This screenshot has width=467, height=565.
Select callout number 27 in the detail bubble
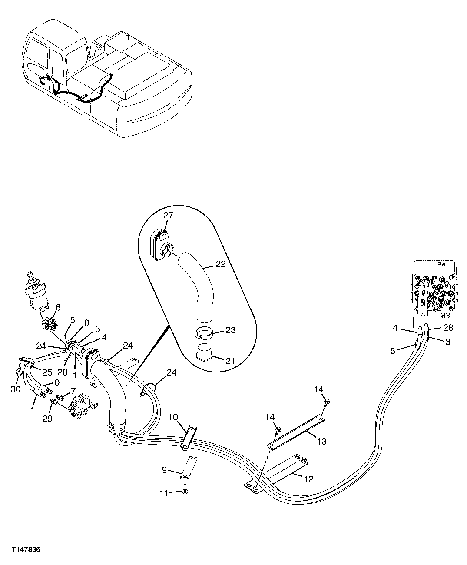pyautogui.click(x=169, y=215)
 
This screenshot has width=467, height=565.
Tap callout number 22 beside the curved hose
pyautogui.click(x=221, y=264)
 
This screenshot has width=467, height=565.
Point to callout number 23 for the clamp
pyautogui.click(x=231, y=330)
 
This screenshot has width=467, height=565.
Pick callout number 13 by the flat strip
pyautogui.click(x=322, y=442)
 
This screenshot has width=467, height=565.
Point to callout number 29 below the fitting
pyautogui.click(x=47, y=419)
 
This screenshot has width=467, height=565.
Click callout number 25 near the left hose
pyautogui.click(x=47, y=372)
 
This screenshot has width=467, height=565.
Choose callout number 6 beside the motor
pyautogui.click(x=58, y=307)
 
